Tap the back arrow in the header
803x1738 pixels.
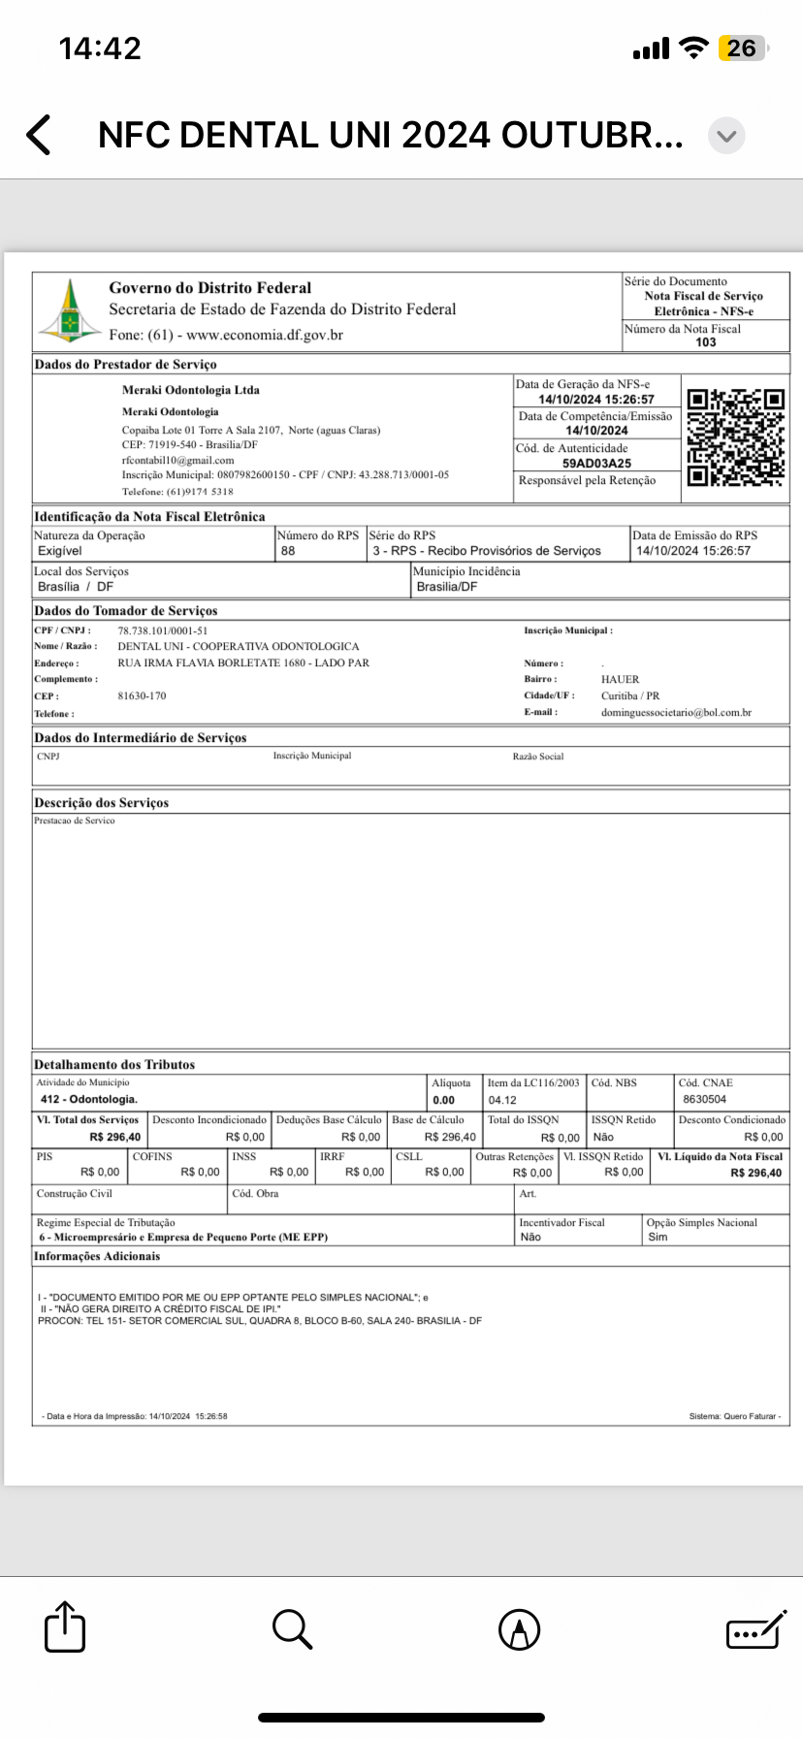(39, 135)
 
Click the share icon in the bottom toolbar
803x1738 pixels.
(65, 1626)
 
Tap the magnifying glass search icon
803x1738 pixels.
(291, 1628)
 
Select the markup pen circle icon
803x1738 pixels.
(519, 1628)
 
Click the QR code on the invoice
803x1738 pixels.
(735, 437)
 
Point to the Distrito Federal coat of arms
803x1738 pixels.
(69, 310)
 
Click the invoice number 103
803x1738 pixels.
(706, 342)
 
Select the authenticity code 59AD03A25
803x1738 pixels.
(596, 464)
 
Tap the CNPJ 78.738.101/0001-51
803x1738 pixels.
(163, 630)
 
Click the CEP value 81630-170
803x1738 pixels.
(142, 696)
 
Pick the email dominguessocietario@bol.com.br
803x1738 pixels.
(676, 713)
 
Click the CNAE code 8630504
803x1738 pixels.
(704, 1100)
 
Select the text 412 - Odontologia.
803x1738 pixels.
(89, 1100)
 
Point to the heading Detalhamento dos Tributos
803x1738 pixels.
(114, 1065)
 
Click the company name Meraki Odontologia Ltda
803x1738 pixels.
(191, 390)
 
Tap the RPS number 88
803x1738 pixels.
(288, 551)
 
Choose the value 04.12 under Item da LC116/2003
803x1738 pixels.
(502, 1101)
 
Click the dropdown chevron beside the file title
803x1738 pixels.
(726, 136)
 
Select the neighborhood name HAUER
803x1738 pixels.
(621, 680)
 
